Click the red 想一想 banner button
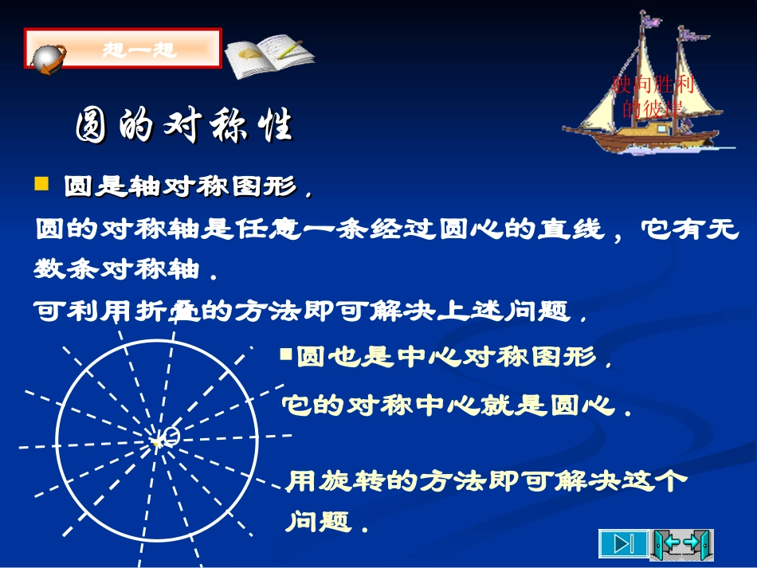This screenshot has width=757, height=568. click(x=139, y=49)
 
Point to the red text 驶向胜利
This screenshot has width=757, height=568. click(x=653, y=84)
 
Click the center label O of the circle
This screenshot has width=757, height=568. click(x=170, y=434)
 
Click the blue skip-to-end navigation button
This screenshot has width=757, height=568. click(x=624, y=544)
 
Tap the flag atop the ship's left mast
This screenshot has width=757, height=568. click(x=653, y=20)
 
